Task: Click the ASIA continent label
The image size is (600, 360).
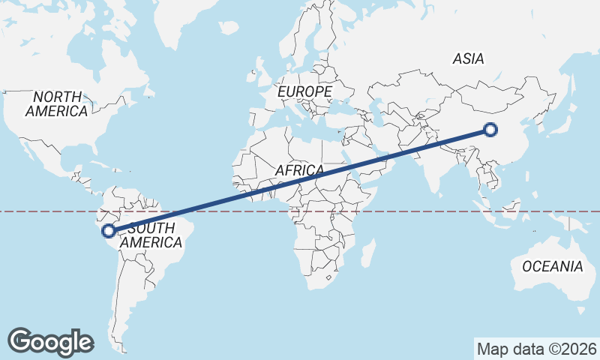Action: point(469,58)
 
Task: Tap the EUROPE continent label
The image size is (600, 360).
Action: point(304,91)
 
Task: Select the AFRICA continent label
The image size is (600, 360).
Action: point(299,171)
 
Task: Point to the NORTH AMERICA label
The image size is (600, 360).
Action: point(57,103)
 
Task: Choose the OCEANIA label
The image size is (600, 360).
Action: point(552,266)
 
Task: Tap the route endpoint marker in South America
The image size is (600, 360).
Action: point(109,231)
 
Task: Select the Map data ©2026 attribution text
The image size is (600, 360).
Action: point(537,349)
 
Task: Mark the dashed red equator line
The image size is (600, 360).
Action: point(420,211)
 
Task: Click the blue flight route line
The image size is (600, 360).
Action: point(300,180)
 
